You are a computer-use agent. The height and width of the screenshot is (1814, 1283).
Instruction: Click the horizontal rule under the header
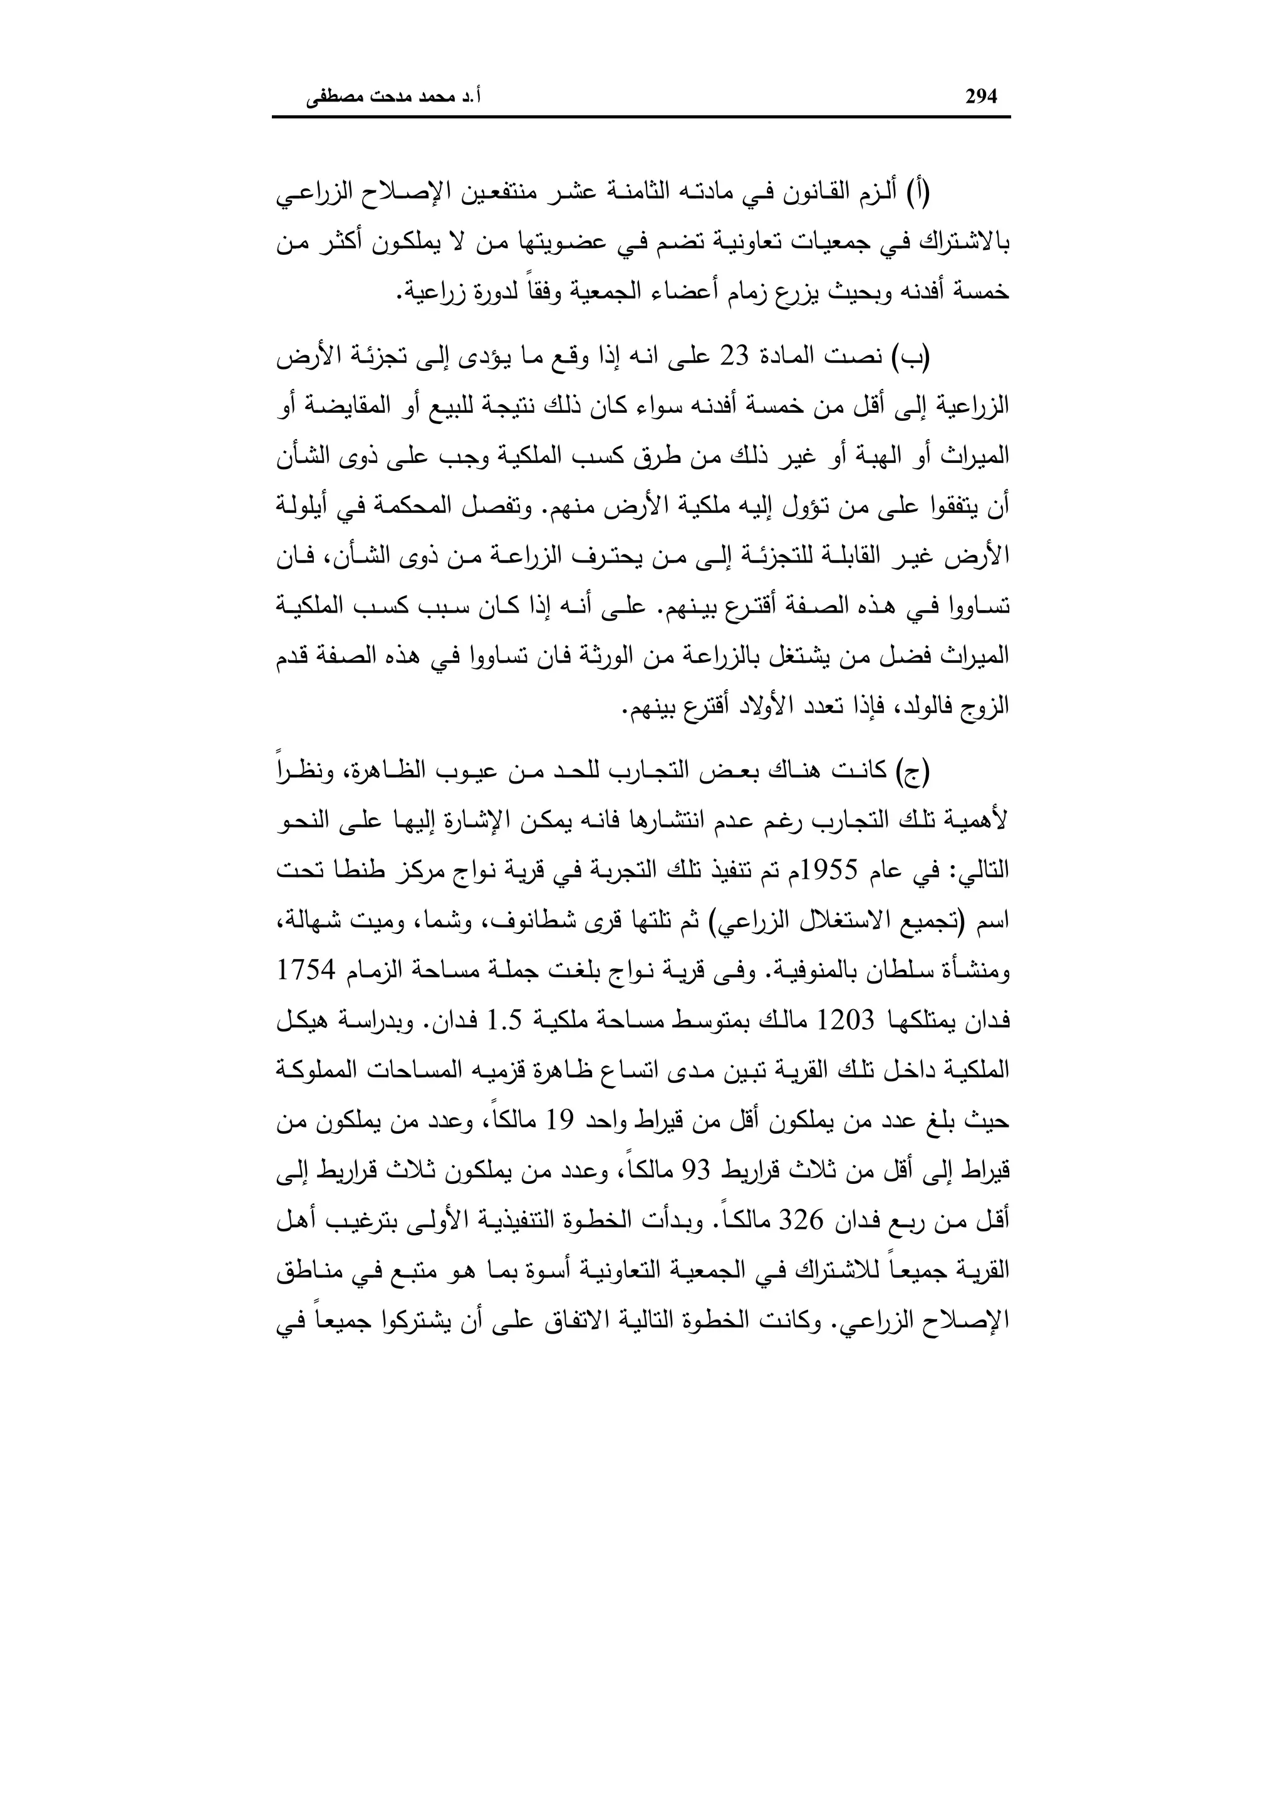click(x=641, y=118)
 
